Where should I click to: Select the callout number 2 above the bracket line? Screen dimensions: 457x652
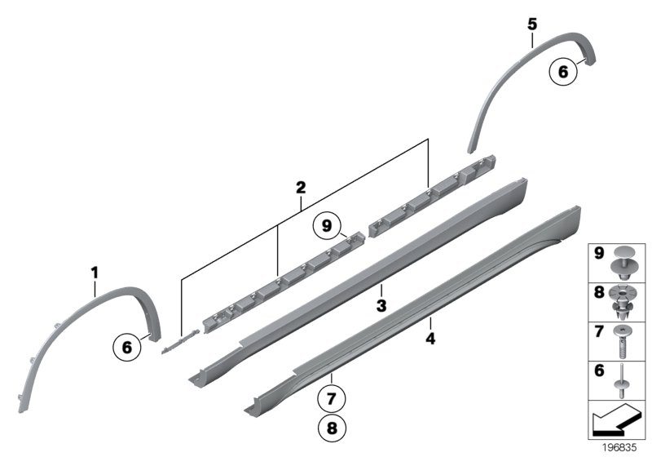point(301,188)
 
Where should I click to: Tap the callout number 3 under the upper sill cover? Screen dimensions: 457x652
point(381,305)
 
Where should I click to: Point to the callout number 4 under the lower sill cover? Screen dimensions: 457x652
point(430,335)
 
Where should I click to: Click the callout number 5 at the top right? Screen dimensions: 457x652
point(531,24)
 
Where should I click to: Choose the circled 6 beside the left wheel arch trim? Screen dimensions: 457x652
point(127,347)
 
